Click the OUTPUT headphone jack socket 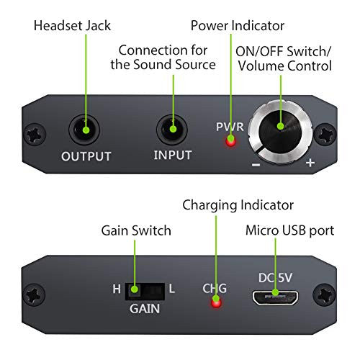point(84,130)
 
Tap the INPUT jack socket point(172,130)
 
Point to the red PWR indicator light point(231,141)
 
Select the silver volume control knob point(280,132)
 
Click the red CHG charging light point(216,302)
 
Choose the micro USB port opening point(275,298)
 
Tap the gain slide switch point(145,291)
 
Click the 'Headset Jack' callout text point(72,26)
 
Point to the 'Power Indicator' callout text point(238,26)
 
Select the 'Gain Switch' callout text point(136,230)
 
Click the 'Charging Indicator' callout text point(238,206)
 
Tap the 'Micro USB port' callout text point(290,231)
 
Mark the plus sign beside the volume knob point(310,163)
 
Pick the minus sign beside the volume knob point(256,165)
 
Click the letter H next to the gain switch point(117,289)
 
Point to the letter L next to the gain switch point(172,289)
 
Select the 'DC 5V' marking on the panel point(275,278)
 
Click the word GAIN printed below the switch point(145,309)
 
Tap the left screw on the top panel point(35,135)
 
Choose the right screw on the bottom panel point(324,294)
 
